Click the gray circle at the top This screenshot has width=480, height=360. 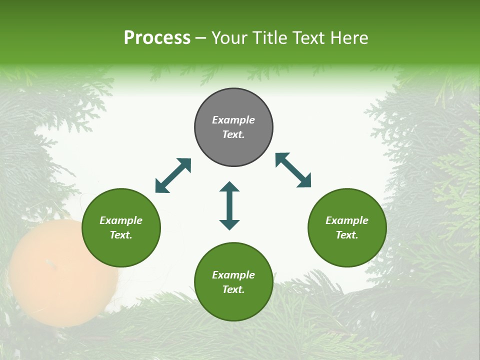(233, 127)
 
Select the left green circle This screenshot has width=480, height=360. (121, 227)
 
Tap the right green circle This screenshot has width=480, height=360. (347, 227)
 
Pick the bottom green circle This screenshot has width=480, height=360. (233, 282)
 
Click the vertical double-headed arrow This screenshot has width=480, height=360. (229, 205)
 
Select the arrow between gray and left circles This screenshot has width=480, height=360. (173, 175)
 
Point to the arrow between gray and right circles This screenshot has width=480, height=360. (293, 170)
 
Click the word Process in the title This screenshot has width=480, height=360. (157, 37)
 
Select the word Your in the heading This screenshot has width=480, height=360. (229, 37)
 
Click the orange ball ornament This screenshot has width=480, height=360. (62, 272)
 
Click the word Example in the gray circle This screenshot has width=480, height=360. (233, 120)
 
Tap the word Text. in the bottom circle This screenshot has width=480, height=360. (233, 289)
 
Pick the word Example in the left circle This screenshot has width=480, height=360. (121, 220)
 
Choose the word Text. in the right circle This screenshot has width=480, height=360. (347, 235)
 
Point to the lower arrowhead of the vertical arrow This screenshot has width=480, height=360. (229, 225)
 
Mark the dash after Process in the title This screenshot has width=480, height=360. (201, 38)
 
